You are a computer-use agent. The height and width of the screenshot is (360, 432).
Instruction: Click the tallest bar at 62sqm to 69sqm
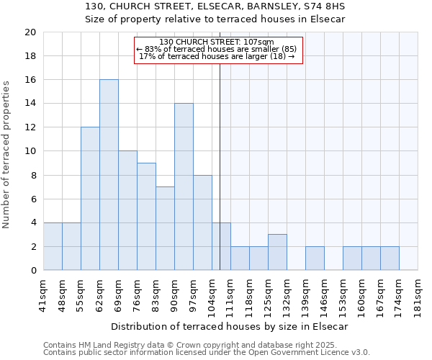pyautogui.click(x=109, y=175)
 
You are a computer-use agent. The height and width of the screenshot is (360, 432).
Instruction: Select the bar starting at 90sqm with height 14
pyautogui.click(x=184, y=187)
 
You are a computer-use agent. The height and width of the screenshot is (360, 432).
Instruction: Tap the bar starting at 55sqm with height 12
pyautogui.click(x=90, y=199)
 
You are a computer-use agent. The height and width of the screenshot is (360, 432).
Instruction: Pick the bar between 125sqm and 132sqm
pyautogui.click(x=277, y=252)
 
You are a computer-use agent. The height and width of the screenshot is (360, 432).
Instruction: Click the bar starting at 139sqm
pyautogui.click(x=315, y=258)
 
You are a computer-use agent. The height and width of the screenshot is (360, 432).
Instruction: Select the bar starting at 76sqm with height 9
pyautogui.click(x=146, y=217)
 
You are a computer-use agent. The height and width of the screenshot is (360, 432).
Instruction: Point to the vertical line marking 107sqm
pyautogui.click(x=220, y=166)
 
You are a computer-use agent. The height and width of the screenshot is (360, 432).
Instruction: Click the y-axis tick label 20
pyautogui.click(x=30, y=32)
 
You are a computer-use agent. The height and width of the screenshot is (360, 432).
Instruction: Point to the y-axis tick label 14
pyautogui.click(x=30, y=104)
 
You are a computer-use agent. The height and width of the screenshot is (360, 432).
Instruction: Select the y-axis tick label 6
pyautogui.click(x=33, y=199)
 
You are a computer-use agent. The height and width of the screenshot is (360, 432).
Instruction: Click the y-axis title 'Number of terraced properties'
pyautogui.click(x=7, y=155)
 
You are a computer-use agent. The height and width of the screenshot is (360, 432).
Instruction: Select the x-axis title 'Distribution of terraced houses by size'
pyautogui.click(x=230, y=326)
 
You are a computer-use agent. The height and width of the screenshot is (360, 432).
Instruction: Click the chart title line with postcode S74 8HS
pyautogui.click(x=215, y=6)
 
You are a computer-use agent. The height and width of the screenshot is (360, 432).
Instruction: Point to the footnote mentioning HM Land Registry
pyautogui.click(x=206, y=345)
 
